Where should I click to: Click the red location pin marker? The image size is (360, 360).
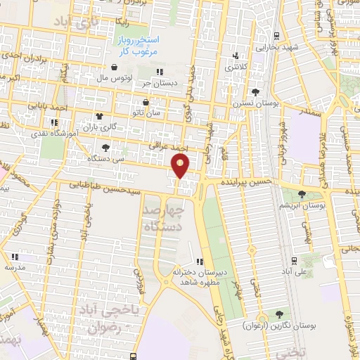click(x=181, y=166)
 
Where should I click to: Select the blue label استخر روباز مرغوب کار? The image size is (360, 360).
click(x=138, y=47)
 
